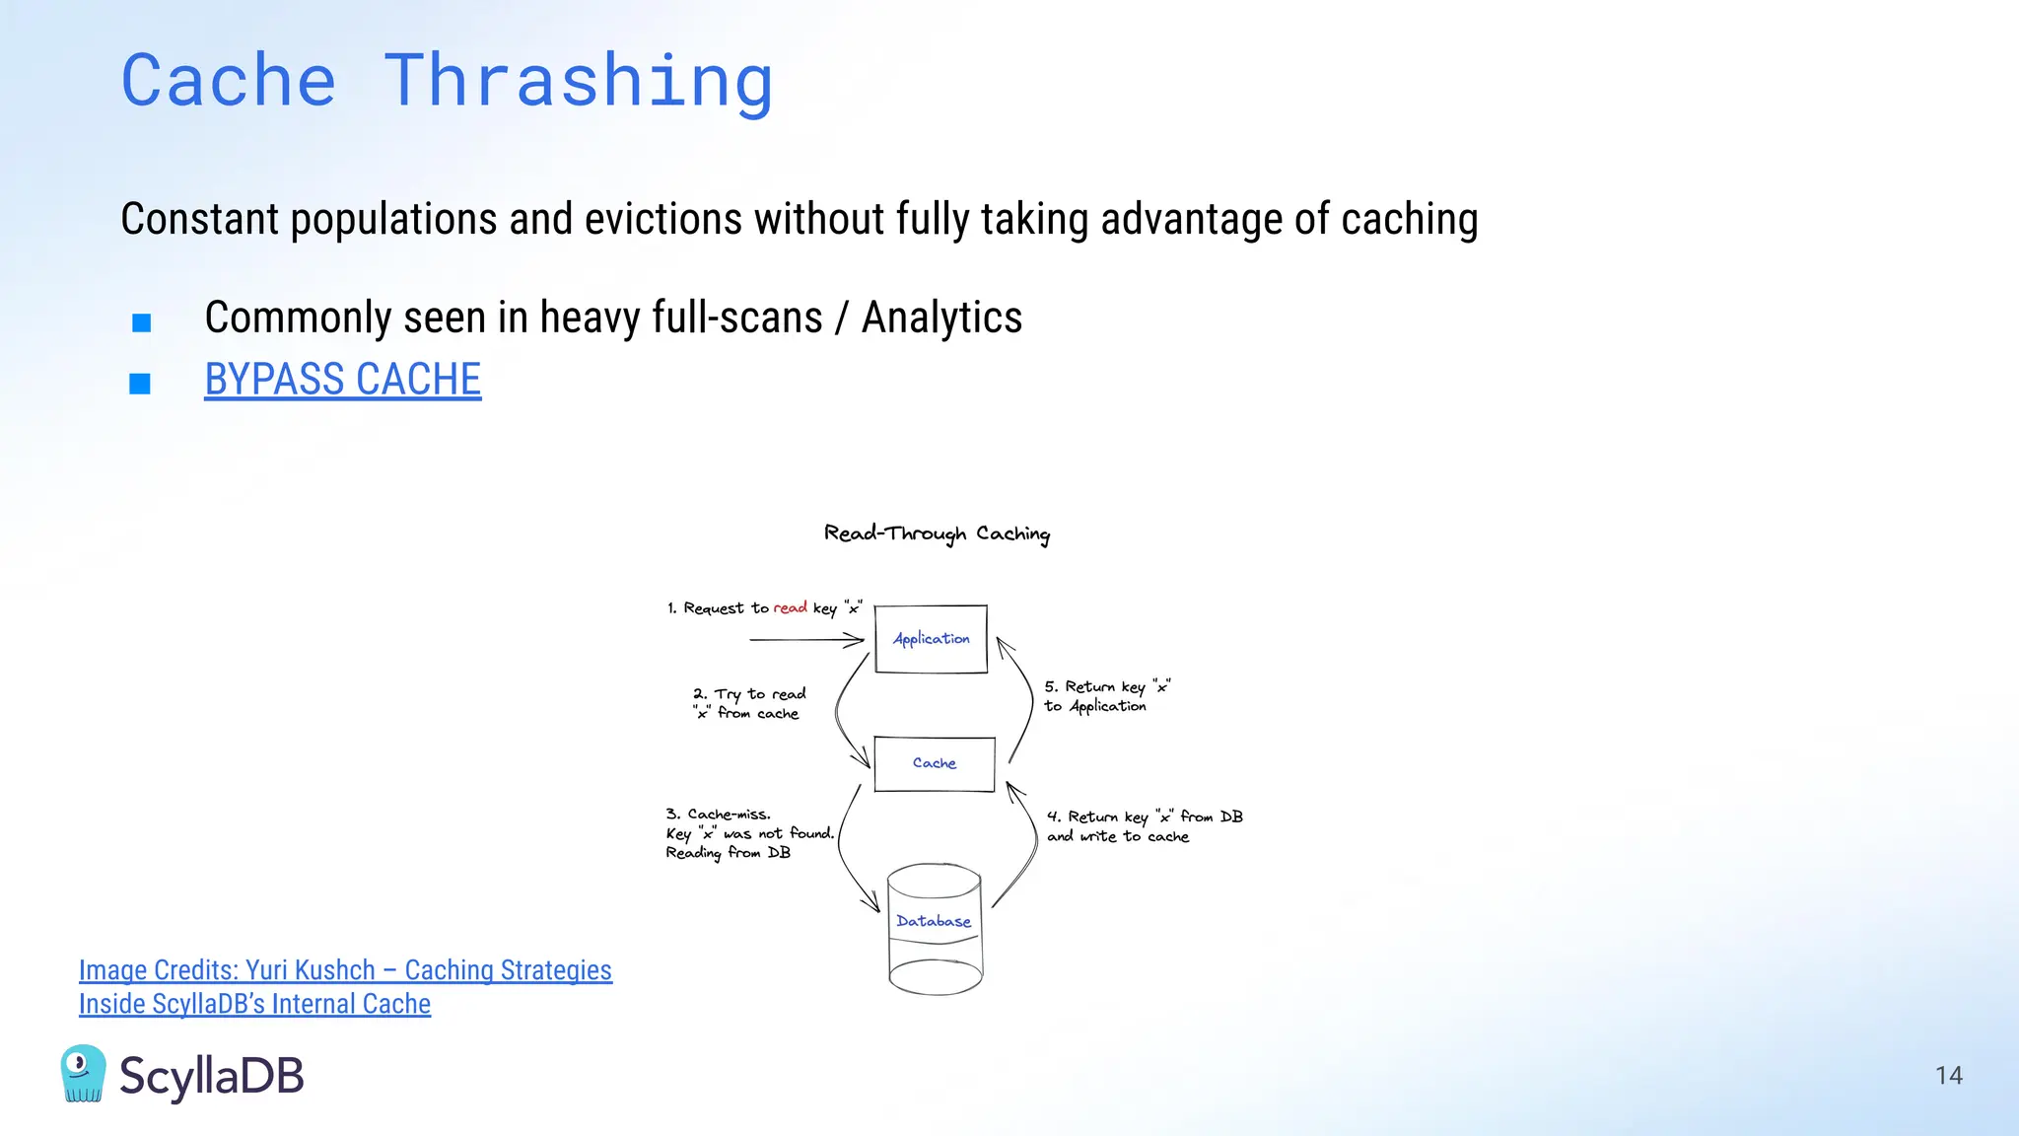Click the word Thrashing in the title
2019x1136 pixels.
pos(578,81)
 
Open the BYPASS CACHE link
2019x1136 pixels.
pos(342,380)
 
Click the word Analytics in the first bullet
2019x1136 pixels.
pos(941,318)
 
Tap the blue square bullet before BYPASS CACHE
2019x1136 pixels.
pos(140,384)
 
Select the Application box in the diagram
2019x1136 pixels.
pos(931,639)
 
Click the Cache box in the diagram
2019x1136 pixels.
pos(934,763)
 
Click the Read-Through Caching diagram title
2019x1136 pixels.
pos(937,533)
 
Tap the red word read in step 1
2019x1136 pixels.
pos(790,607)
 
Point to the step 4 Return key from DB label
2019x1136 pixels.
pos(1144,826)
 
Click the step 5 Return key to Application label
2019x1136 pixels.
pos(1106,696)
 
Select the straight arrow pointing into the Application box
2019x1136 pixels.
pos(806,640)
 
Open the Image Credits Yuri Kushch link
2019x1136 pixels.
pos(345,970)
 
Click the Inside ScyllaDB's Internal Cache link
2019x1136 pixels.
pos(254,1004)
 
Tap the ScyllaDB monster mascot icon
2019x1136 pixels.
pos(83,1074)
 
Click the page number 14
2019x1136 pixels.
pos(1948,1075)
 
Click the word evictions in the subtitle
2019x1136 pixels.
pos(662,219)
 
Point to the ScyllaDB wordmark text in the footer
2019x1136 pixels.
pos(211,1076)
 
